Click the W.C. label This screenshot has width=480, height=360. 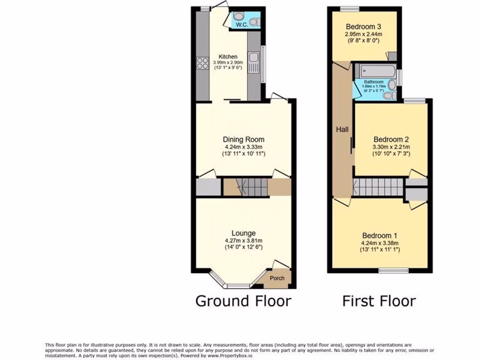(x=241, y=24)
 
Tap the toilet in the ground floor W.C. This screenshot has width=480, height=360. (x=254, y=22)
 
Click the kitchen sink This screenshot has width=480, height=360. (x=253, y=63)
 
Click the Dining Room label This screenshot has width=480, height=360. (x=243, y=139)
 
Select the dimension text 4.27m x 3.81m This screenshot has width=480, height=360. (x=243, y=241)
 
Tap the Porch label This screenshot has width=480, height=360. (x=277, y=278)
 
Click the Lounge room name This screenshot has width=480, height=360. (x=243, y=233)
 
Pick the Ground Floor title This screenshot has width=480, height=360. (x=243, y=300)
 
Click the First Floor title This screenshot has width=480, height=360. (x=379, y=300)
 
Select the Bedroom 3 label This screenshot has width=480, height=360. (x=363, y=26)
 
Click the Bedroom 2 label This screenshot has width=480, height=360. (x=391, y=139)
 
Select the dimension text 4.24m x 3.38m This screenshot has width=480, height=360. (x=380, y=243)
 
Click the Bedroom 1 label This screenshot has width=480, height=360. (x=380, y=235)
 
